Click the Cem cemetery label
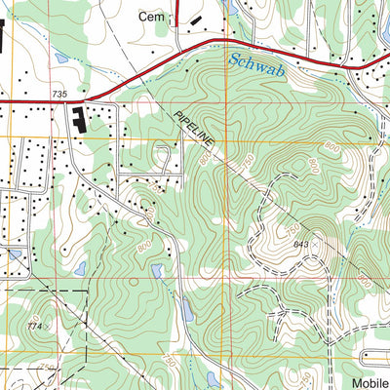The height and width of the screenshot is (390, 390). (150, 16)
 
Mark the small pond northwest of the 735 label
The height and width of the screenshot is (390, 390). (60, 58)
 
